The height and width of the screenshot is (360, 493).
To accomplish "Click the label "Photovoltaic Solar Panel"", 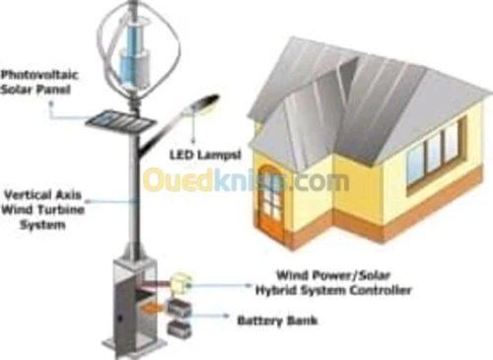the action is pos(39,82).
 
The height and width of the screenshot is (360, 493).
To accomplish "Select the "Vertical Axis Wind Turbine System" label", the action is pos(42,210).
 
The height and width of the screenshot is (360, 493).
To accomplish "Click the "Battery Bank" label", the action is pos(277,321).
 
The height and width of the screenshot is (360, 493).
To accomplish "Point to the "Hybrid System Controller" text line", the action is pos(333,291).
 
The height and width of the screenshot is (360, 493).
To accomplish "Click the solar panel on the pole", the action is pos(120,121).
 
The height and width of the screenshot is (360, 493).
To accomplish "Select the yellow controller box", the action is pos(180,283).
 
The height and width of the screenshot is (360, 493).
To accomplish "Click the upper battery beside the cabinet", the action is pos(179,309).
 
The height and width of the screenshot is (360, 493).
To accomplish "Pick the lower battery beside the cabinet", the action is pos(179,329).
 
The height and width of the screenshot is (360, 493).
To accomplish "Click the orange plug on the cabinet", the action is pos(152,308).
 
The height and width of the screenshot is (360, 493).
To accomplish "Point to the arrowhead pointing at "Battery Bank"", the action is pos(227,316).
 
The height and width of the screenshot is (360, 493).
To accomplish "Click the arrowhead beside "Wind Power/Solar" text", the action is pos(249,285).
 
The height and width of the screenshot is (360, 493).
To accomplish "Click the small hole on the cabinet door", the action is pos(120,319).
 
